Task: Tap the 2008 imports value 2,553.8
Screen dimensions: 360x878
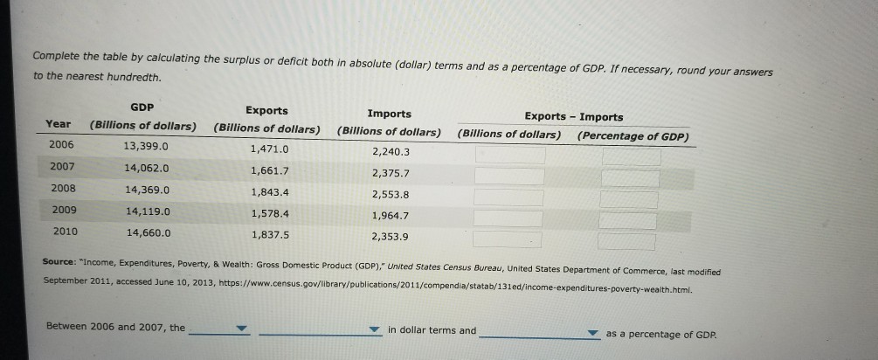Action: [x=391, y=195]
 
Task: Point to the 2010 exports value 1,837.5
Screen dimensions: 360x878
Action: [x=271, y=234]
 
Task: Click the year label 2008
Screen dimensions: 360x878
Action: [x=63, y=187]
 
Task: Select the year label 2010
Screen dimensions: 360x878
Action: [x=63, y=232]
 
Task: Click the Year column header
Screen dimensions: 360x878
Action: [x=59, y=124]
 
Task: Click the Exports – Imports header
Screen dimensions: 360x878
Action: [x=573, y=116]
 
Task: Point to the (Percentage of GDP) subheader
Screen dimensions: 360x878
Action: [x=633, y=135]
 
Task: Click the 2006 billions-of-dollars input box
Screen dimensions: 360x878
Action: [x=509, y=156]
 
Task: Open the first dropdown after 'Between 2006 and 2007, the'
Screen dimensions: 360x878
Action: [x=218, y=330]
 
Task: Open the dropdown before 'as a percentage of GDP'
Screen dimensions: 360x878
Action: [x=539, y=333]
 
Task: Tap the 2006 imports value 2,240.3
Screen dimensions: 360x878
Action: [x=391, y=151]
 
